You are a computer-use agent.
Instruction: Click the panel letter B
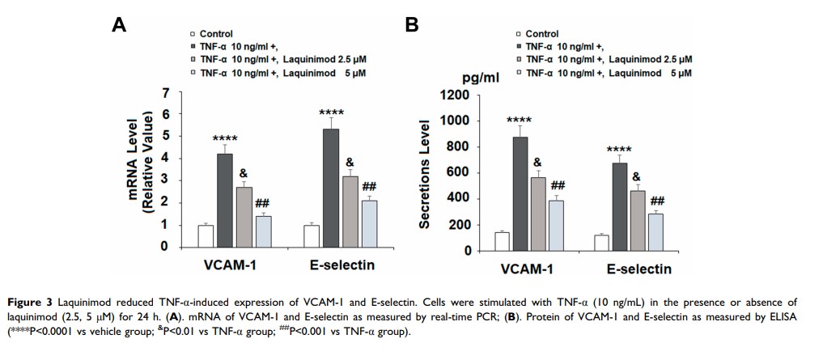(x=412, y=25)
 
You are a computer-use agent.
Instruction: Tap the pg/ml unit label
(x=481, y=78)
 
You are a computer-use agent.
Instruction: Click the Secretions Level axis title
(x=425, y=173)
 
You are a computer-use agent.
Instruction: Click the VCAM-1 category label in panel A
(x=235, y=265)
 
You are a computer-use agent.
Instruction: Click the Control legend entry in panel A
(x=216, y=34)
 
